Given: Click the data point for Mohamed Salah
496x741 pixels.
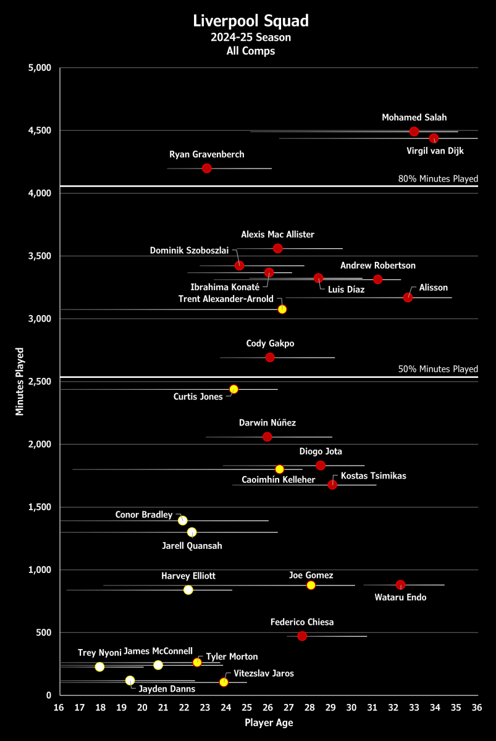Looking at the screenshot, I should pos(414,132).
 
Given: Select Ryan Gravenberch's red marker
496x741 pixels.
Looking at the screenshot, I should pos(207,168).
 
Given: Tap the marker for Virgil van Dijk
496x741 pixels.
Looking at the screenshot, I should pos(434,138).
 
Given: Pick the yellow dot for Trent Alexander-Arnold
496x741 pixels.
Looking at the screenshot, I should pos(282,309).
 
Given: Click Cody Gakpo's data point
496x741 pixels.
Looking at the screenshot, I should pos(270,358).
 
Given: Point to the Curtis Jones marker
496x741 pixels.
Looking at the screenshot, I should pos(233,389).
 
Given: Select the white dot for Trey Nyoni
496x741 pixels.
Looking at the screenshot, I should pos(100,667).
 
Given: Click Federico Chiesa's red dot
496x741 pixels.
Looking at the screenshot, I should pos(302,636).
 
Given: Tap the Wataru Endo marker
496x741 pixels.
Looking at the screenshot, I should pos(400,585).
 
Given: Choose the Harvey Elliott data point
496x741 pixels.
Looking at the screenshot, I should pos(188,590).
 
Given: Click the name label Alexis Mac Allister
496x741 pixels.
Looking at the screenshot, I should pos(277,235).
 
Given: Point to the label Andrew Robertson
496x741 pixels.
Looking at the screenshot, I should pos(378,266).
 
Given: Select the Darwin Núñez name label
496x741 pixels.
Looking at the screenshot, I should pos(267,423).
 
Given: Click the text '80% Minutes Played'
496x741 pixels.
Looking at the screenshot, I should pos(439,179).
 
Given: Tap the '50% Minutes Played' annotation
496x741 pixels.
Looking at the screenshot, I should pos(439,369).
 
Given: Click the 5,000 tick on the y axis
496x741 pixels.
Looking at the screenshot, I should pos(41,68).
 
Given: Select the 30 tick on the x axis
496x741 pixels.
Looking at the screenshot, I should pos(351,708).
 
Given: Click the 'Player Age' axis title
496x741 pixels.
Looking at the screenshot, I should pos(269,722).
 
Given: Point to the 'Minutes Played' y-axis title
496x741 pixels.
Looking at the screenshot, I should pos(20,381).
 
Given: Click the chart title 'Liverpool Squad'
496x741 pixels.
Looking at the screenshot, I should pos(251,21).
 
